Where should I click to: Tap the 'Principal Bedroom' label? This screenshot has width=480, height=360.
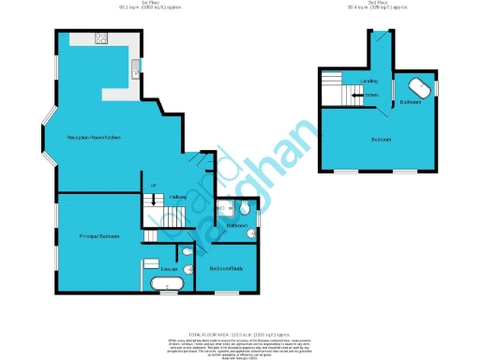click(x=98, y=235)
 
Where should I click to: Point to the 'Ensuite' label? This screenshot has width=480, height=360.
click(x=170, y=269)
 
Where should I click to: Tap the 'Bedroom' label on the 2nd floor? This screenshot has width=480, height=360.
click(x=380, y=139)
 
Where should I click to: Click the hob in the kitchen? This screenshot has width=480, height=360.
click(x=100, y=39)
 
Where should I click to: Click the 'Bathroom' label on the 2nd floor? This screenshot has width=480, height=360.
click(x=410, y=100)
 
